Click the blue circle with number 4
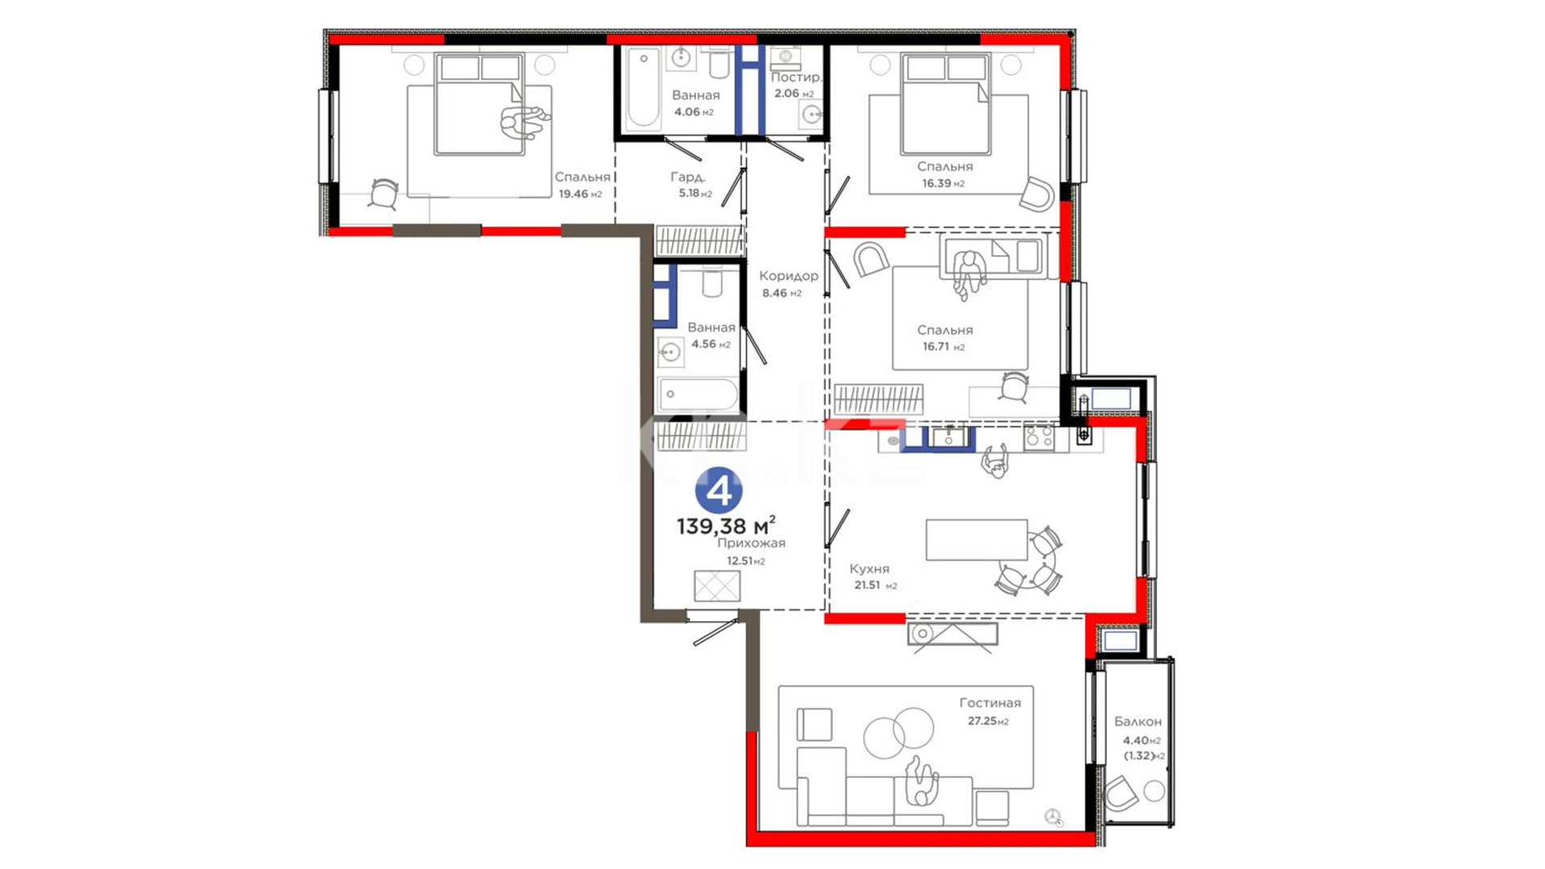coord(719,490)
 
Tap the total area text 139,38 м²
coord(726,526)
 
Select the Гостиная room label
coord(990,702)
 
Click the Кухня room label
coord(869,569)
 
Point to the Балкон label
coord(1138,722)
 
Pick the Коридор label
coord(789,276)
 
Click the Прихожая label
coord(752,543)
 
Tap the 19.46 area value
coord(573,194)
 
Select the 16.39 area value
coord(936,183)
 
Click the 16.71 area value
coord(937,347)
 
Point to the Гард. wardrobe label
coord(688,177)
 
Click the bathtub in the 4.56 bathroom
coord(698,394)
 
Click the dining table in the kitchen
coord(976,540)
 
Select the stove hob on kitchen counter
coord(1039,439)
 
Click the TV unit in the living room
coord(952,634)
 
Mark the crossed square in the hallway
coord(717,586)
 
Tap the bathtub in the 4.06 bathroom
coord(643,89)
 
